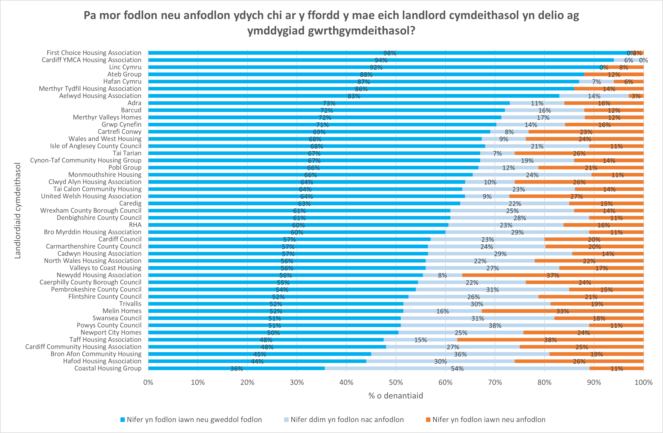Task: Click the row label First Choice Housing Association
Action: coord(94,53)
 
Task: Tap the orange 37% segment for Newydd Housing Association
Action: coord(553,275)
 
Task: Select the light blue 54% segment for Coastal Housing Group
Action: coord(457,368)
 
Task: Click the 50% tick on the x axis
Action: coord(396,382)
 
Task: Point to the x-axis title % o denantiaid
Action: coord(396,396)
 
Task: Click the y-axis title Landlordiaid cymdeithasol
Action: coord(18,211)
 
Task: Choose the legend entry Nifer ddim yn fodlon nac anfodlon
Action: coord(347,420)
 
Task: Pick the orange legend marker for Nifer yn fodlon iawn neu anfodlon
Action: coord(428,420)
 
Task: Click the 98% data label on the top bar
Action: coord(389,53)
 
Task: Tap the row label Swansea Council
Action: coord(117,318)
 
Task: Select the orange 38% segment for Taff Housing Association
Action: coord(550,340)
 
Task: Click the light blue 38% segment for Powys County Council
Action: coord(495,325)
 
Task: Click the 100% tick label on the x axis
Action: coord(643,382)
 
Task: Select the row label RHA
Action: coord(135,225)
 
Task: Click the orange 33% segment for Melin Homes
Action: coord(563,311)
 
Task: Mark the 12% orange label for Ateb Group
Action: coord(614,74)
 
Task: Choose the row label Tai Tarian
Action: coord(127,153)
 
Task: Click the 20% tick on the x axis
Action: coord(247,382)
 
